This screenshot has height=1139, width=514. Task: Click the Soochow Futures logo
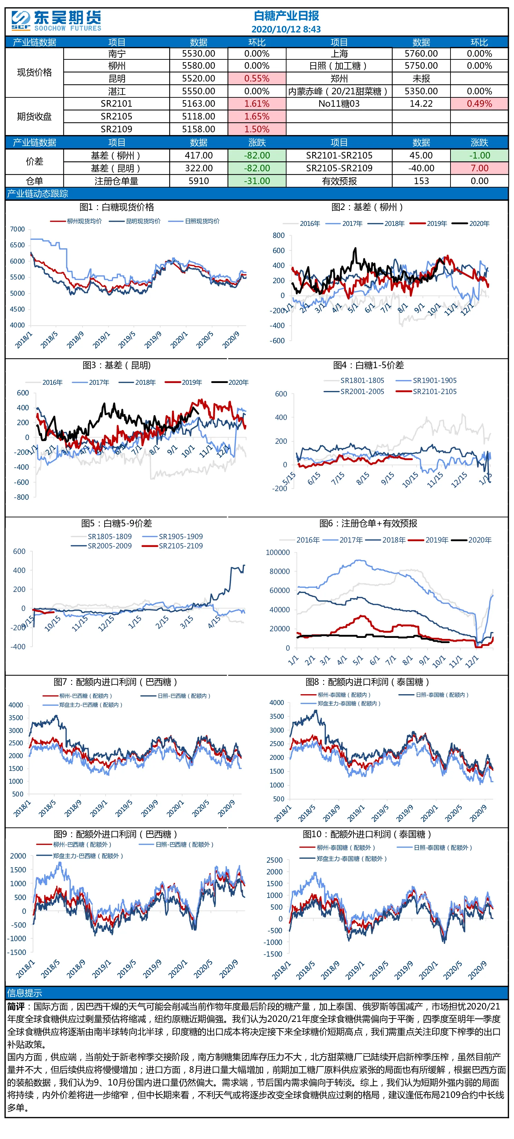[56, 21]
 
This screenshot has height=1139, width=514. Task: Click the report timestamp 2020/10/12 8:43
[286, 29]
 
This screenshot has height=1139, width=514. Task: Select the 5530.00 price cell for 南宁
[198, 54]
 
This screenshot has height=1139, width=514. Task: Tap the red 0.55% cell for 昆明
[257, 78]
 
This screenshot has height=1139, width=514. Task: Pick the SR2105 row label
[116, 116]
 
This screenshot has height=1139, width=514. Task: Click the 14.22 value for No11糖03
[421, 104]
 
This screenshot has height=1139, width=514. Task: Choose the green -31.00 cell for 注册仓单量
[257, 181]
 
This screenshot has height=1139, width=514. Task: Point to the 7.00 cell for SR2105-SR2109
[479, 168]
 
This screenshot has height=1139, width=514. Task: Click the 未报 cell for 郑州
[421, 78]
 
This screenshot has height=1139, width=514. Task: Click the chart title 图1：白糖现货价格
[117, 207]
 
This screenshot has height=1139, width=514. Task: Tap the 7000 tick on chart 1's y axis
[18, 229]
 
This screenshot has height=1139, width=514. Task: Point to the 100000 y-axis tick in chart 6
[278, 552]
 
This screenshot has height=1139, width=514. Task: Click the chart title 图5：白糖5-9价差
[116, 523]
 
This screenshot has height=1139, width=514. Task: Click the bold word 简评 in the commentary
[16, 1006]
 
